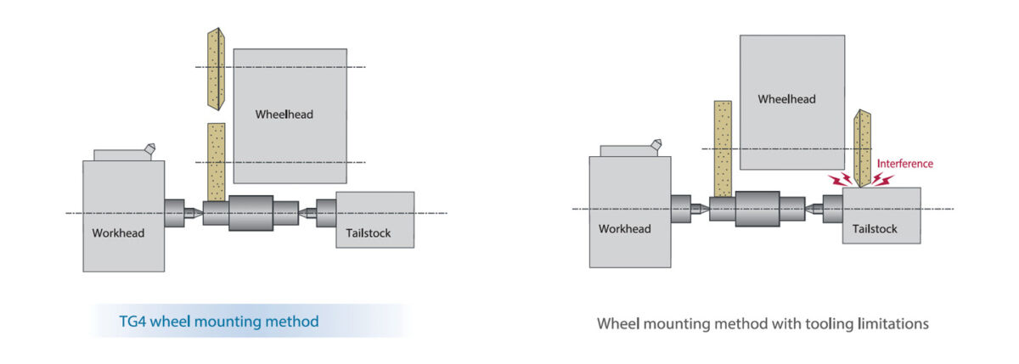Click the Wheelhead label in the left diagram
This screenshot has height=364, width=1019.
tap(284, 115)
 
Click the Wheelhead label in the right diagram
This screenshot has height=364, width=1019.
tap(786, 99)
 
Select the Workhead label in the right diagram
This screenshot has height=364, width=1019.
tap(624, 228)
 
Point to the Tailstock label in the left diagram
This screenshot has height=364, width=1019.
tap(369, 233)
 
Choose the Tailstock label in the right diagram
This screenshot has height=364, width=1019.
tap(875, 228)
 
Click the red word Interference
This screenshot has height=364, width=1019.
tap(904, 164)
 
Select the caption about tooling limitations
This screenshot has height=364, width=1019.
tap(763, 323)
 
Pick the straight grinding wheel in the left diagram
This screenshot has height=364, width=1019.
tap(217, 161)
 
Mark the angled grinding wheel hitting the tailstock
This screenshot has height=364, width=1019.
tap(864, 148)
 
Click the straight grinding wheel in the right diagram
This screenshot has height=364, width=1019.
tap(723, 148)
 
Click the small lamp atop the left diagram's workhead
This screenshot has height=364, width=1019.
tap(149, 149)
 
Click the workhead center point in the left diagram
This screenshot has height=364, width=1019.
tap(193, 212)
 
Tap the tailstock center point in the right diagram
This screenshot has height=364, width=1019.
tap(814, 208)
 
